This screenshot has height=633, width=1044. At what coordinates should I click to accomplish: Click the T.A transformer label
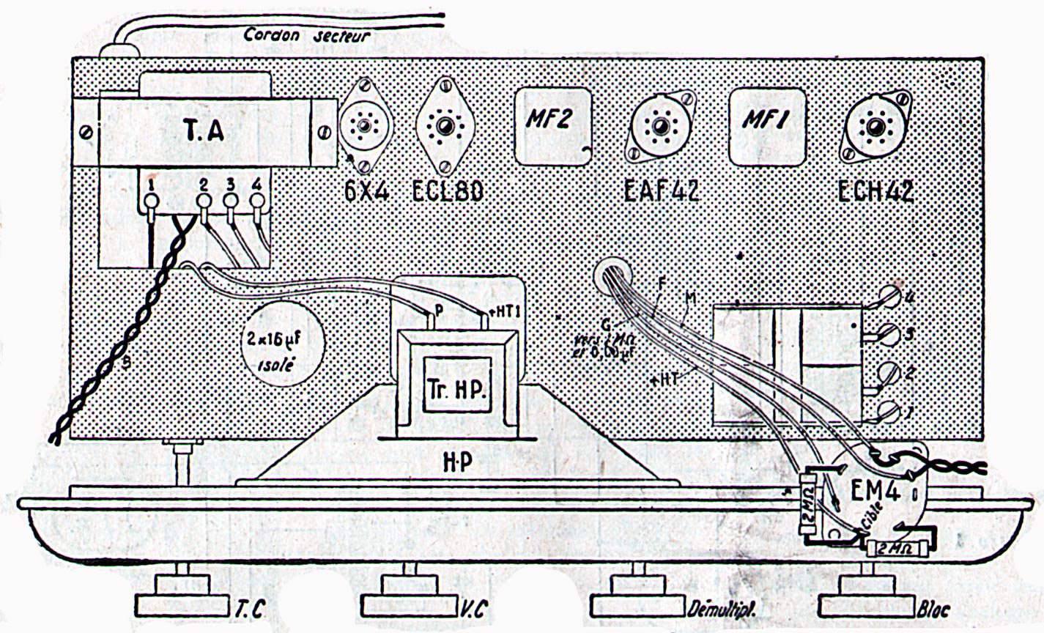200,131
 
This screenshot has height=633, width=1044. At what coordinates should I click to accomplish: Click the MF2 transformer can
552,125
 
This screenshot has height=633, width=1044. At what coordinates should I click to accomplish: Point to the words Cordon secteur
308,35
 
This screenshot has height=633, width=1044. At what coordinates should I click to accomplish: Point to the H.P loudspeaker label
457,461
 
